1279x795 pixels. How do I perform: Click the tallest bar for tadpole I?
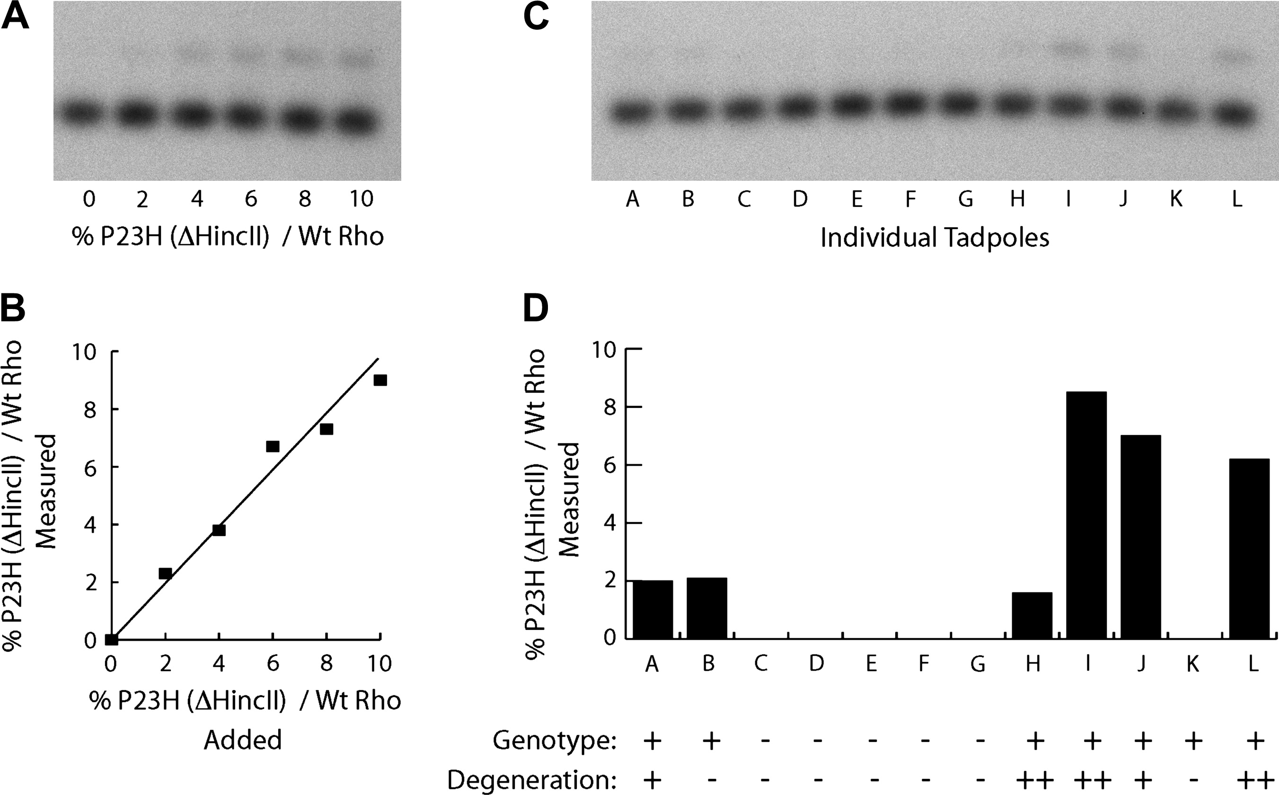click(x=1086, y=515)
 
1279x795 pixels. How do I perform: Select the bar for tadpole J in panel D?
click(x=1141, y=536)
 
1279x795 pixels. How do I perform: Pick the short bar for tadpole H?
click(x=1032, y=616)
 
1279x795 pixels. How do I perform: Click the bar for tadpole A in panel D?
click(x=653, y=609)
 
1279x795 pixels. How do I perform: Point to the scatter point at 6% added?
click(x=272, y=446)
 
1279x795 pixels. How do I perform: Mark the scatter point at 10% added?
click(x=380, y=380)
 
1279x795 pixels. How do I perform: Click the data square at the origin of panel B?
click(x=111, y=639)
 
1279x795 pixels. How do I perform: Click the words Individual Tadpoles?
click(x=935, y=238)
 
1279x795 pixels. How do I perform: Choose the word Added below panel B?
click(x=243, y=740)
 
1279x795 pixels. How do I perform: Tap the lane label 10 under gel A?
click(x=361, y=199)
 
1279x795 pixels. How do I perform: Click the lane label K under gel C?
click(x=1176, y=199)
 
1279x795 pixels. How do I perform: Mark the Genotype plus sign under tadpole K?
click(x=1193, y=742)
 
